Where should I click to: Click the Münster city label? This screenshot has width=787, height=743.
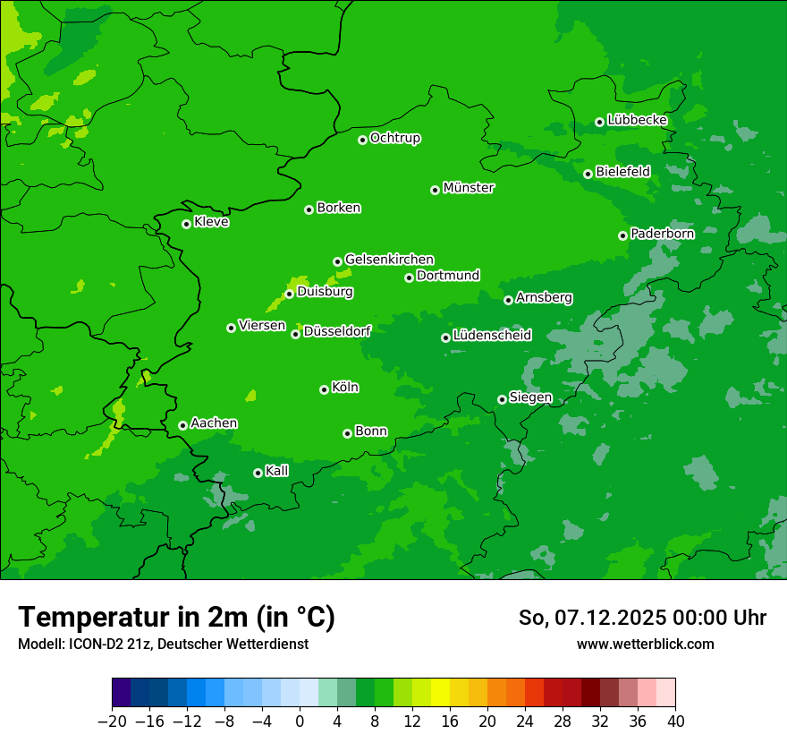tap(469, 188)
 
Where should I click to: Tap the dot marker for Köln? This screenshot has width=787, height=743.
tap(324, 389)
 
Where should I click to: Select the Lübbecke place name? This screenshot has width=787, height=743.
tap(637, 120)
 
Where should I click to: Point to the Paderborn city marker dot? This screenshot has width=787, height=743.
tap(622, 235)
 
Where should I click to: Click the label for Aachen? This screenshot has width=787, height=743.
tap(214, 423)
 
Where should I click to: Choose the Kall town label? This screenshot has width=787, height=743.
tap(276, 471)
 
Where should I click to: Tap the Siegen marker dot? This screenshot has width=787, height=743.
tap(502, 399)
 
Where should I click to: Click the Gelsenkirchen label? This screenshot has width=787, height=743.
tap(389, 260)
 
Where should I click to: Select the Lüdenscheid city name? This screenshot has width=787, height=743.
tap(492, 336)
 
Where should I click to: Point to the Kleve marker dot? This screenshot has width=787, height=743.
tap(186, 224)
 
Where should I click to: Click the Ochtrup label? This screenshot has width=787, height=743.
tap(395, 138)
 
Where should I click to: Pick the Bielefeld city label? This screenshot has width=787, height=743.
tap(622, 171)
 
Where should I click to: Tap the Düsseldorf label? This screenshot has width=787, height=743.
tap(337, 331)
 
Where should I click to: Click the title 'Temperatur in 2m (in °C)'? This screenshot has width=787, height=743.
tap(176, 618)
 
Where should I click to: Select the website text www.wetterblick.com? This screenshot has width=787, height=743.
tap(645, 645)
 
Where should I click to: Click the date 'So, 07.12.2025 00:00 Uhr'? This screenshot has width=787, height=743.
tap(642, 618)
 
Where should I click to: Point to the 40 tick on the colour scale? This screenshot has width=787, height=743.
tap(675, 722)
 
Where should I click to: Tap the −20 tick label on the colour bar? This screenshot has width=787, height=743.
tap(112, 722)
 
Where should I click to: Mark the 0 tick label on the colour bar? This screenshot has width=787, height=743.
tap(300, 722)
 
